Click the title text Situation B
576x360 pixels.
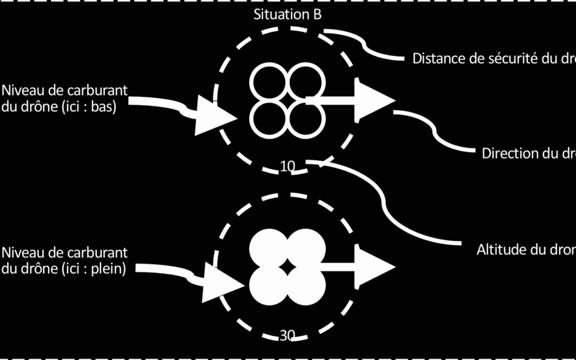(x=287, y=14)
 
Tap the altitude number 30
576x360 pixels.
(x=287, y=335)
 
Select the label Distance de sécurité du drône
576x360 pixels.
(x=493, y=59)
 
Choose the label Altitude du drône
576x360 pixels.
(x=525, y=250)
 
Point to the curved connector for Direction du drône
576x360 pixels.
(x=437, y=131)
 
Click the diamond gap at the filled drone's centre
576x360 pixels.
(x=287, y=266)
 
